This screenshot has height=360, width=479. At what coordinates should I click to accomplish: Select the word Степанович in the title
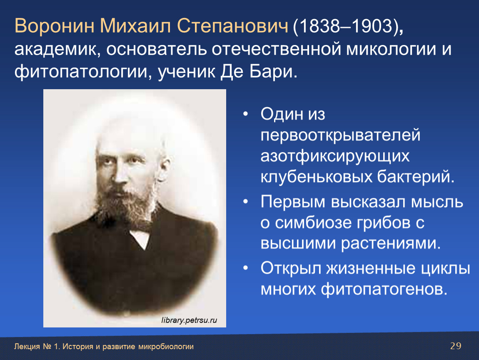point(232,26)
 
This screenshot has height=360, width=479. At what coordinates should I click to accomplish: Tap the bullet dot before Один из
point(246,114)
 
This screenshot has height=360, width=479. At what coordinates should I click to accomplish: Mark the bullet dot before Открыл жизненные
point(246,268)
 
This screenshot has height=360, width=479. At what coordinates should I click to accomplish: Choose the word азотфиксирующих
point(335,157)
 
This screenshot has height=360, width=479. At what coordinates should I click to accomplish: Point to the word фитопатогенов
point(384,289)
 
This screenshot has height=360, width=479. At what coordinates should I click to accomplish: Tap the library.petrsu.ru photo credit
point(189,320)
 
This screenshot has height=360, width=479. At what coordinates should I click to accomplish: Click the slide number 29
point(456,346)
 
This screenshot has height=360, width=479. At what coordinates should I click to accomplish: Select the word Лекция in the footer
point(27,347)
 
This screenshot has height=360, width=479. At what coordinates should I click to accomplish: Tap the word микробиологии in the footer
point(166,347)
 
